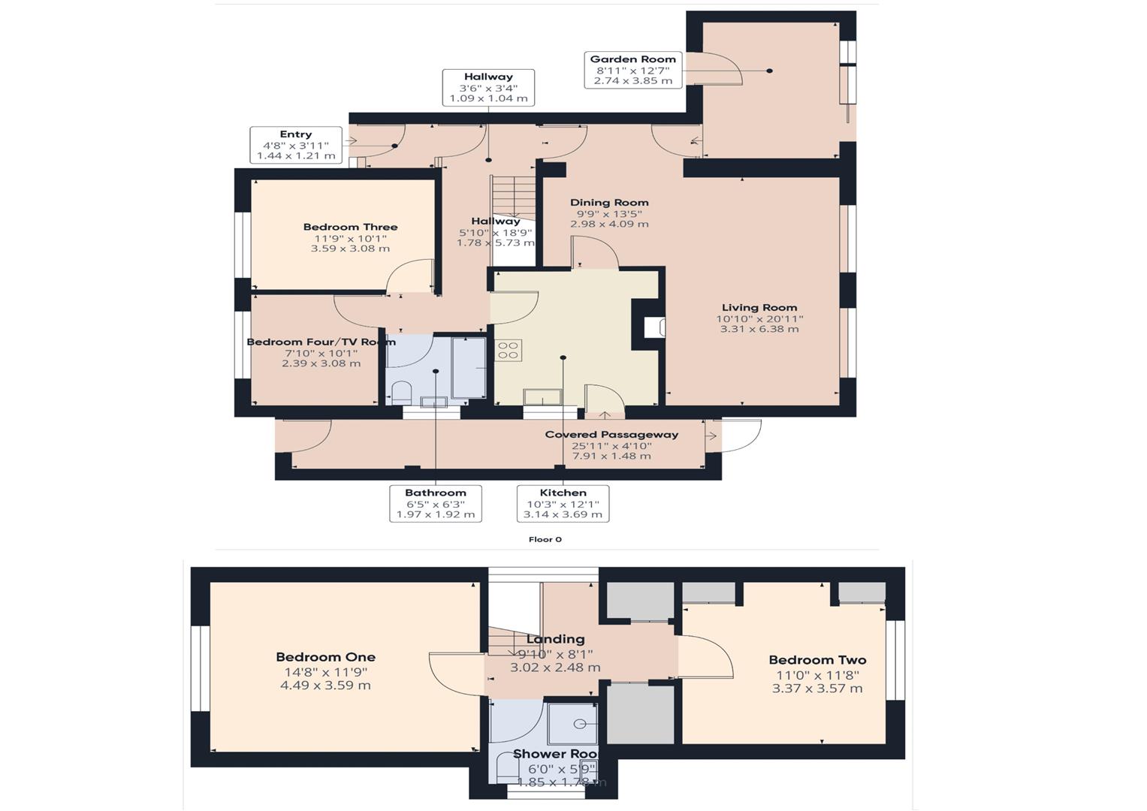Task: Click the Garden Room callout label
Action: [x=632, y=70]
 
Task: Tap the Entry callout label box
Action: [x=296, y=145]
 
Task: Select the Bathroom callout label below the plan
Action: [x=436, y=504]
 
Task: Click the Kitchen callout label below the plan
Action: [x=563, y=504]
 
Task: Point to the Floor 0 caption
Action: [x=545, y=539]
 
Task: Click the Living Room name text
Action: [x=759, y=307]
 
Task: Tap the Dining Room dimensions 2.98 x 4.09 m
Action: [x=608, y=224]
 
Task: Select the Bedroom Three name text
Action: [x=350, y=227]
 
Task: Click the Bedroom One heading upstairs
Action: [x=325, y=657]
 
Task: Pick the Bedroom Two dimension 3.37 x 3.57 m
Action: [x=817, y=688]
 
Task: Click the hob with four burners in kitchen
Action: [x=509, y=350]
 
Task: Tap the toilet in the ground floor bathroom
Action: [x=401, y=393]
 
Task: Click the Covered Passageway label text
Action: [x=611, y=435]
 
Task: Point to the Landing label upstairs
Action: [x=555, y=639]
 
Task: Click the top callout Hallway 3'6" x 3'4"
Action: [x=488, y=87]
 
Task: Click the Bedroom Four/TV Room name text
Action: [x=321, y=342]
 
